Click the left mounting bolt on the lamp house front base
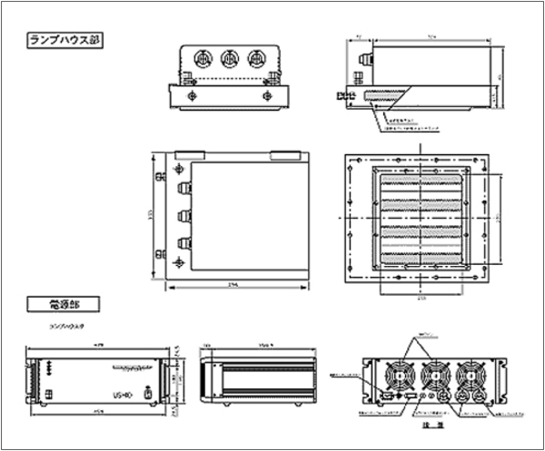pos(191,94)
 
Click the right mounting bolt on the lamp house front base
pos(266,94)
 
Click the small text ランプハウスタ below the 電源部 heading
pos(66,323)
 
